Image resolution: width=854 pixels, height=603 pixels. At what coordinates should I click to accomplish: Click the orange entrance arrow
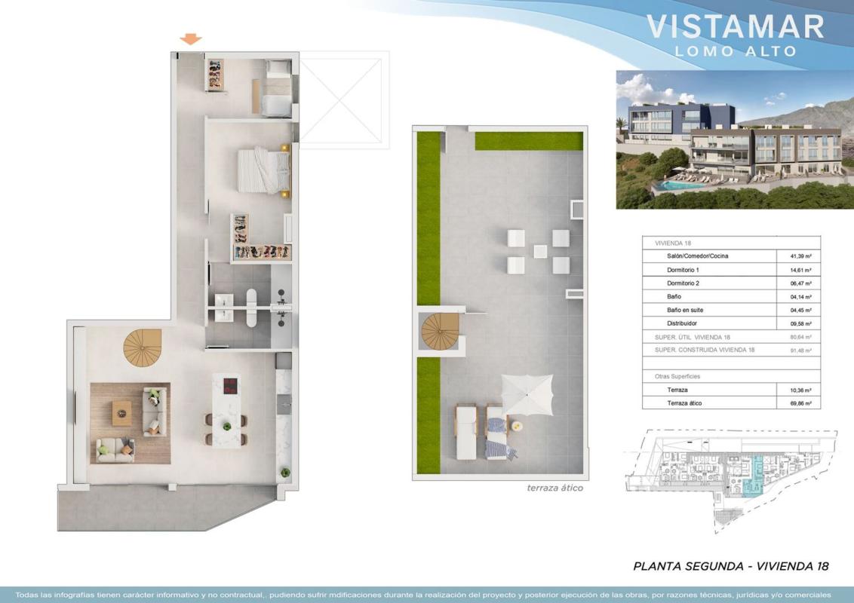[191, 38]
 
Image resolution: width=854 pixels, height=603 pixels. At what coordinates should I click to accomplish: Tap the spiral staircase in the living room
[143, 347]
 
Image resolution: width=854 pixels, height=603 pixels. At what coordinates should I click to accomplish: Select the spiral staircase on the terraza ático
[440, 332]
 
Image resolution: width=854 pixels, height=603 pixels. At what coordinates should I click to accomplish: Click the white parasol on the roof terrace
[527, 394]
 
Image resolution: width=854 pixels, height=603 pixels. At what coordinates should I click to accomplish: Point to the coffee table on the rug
[122, 413]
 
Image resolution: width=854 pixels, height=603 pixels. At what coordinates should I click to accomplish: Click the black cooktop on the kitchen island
[230, 386]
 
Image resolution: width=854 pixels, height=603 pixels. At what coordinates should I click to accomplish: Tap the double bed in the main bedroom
[264, 170]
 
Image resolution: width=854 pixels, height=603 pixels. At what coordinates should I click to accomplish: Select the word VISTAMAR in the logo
[735, 26]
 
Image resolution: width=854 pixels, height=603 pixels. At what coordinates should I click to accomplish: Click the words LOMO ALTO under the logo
[736, 51]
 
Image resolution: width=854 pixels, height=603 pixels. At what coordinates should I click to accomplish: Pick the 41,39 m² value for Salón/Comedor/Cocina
[800, 256]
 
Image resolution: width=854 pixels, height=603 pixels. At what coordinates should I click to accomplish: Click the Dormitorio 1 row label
[683, 270]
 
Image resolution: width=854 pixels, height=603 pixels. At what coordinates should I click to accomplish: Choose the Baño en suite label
[684, 311]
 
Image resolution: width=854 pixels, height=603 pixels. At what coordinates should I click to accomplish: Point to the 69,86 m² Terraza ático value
[800, 404]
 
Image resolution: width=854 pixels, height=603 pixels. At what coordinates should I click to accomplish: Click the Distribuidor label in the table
[682, 323]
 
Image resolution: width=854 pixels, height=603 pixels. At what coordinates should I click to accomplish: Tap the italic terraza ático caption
[554, 488]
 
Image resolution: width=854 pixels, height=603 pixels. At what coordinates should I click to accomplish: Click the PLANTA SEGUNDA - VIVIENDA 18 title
[731, 566]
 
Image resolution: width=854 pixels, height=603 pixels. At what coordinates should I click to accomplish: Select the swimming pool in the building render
[679, 185]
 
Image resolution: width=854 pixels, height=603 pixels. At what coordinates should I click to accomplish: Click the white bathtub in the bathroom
[251, 308]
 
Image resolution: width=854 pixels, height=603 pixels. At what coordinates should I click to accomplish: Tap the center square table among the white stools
[540, 252]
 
